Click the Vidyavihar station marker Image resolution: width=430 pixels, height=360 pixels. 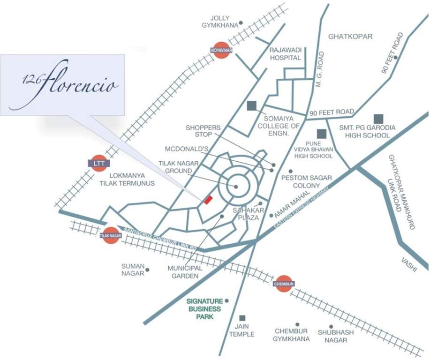pyautogui.click(x=221, y=50)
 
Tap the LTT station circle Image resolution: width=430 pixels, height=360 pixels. pyautogui.click(x=98, y=163)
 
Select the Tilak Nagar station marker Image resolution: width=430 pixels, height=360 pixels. pyautogui.click(x=110, y=235)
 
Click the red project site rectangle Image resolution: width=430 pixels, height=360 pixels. pyautogui.click(x=208, y=199)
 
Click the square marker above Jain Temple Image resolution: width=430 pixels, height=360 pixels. pyautogui.click(x=242, y=318)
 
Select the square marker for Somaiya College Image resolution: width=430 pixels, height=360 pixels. pyautogui.click(x=252, y=106)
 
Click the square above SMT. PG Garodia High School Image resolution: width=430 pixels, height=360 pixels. pyautogui.click(x=378, y=119)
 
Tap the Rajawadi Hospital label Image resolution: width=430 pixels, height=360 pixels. pyautogui.click(x=285, y=54)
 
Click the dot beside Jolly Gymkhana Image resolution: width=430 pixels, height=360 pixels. pyautogui.click(x=241, y=22)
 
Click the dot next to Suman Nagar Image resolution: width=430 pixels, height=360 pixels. pyautogui.click(x=147, y=270)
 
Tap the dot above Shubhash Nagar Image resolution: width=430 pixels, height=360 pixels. pyautogui.click(x=331, y=327)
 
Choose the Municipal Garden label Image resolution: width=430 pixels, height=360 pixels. pyautogui.click(x=185, y=272)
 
